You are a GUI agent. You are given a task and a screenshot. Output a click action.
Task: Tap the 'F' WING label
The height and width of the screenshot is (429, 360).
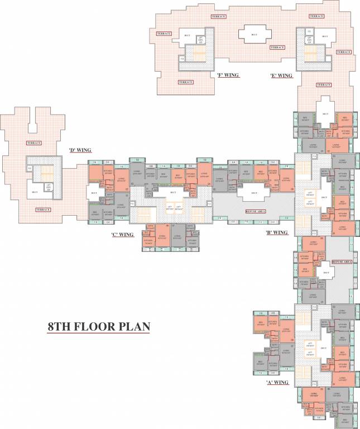tap(228, 74)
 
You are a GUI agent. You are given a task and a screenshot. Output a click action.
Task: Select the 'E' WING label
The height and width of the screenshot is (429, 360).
tap(281, 75)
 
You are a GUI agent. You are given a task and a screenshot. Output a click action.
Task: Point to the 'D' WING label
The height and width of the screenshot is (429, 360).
tap(80, 150)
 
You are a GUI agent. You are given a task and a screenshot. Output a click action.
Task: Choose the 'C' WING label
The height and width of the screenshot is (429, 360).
tap(122, 235)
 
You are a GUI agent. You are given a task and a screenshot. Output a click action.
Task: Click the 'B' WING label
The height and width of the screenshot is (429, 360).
tap(276, 232)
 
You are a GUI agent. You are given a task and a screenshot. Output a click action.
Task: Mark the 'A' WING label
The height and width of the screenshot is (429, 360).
tap(277, 383)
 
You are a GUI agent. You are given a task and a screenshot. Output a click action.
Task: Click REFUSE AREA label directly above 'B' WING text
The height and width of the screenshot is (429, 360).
tap(256, 211)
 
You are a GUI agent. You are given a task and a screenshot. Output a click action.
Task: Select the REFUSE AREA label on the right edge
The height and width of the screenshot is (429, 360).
tap(342, 261)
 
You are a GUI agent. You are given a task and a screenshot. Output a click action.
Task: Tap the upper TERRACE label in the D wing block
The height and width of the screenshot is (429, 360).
tap(34, 143)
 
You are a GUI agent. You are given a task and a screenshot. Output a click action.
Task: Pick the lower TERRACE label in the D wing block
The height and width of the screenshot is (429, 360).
tap(43, 209)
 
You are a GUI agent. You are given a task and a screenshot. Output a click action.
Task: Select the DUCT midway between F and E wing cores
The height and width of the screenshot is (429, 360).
tap(254, 35)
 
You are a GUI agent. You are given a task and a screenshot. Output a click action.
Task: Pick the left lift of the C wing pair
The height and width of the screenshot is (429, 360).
tap(168, 208)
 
